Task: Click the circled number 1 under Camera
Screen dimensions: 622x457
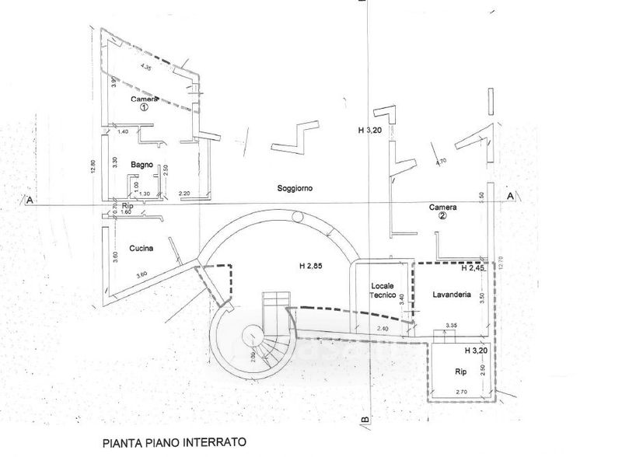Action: [x=144, y=109]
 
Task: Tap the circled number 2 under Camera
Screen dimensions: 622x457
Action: [x=442, y=217]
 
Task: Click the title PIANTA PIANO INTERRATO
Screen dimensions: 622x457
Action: [x=174, y=442]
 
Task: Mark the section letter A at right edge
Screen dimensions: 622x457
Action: [x=510, y=197]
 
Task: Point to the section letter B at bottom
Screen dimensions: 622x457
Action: [x=363, y=421]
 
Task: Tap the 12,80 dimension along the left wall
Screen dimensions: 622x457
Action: [x=93, y=167]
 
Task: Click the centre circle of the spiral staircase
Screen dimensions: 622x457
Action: [x=253, y=337]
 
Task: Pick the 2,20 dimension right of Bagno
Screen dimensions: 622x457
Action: [x=184, y=193]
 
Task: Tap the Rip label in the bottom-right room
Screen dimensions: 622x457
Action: [x=460, y=373]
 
